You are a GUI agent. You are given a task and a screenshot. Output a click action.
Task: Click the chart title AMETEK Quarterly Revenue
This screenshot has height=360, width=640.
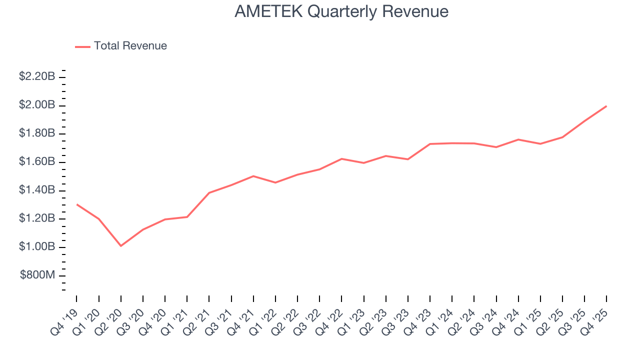point(341,11)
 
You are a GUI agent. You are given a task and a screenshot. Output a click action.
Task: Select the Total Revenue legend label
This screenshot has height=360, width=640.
point(130,46)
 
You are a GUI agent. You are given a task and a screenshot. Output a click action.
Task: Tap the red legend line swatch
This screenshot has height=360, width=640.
point(82,46)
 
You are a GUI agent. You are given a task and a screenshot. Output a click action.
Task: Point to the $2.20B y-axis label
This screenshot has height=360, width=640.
point(37,76)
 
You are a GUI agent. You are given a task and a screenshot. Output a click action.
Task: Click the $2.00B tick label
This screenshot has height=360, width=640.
point(37,105)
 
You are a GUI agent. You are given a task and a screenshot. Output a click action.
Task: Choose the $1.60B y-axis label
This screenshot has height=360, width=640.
point(37,162)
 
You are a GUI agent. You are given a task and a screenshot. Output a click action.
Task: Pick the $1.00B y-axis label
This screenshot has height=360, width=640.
point(37,247)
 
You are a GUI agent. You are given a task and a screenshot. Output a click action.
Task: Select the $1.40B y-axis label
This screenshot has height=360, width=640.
point(37,190)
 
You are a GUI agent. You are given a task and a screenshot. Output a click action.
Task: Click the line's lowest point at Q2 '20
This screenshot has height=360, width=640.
point(120,245)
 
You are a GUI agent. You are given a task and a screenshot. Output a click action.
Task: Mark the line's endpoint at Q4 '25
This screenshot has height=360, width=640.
point(606,106)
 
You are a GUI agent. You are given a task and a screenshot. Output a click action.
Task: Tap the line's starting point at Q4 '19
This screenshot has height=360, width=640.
point(76,204)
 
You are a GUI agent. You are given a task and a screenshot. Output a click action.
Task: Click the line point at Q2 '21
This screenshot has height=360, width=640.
point(209,192)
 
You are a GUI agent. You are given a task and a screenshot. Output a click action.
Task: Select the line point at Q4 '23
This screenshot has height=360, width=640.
point(430,144)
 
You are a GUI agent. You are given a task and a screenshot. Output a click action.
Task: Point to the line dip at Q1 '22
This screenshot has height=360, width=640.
point(275,182)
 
